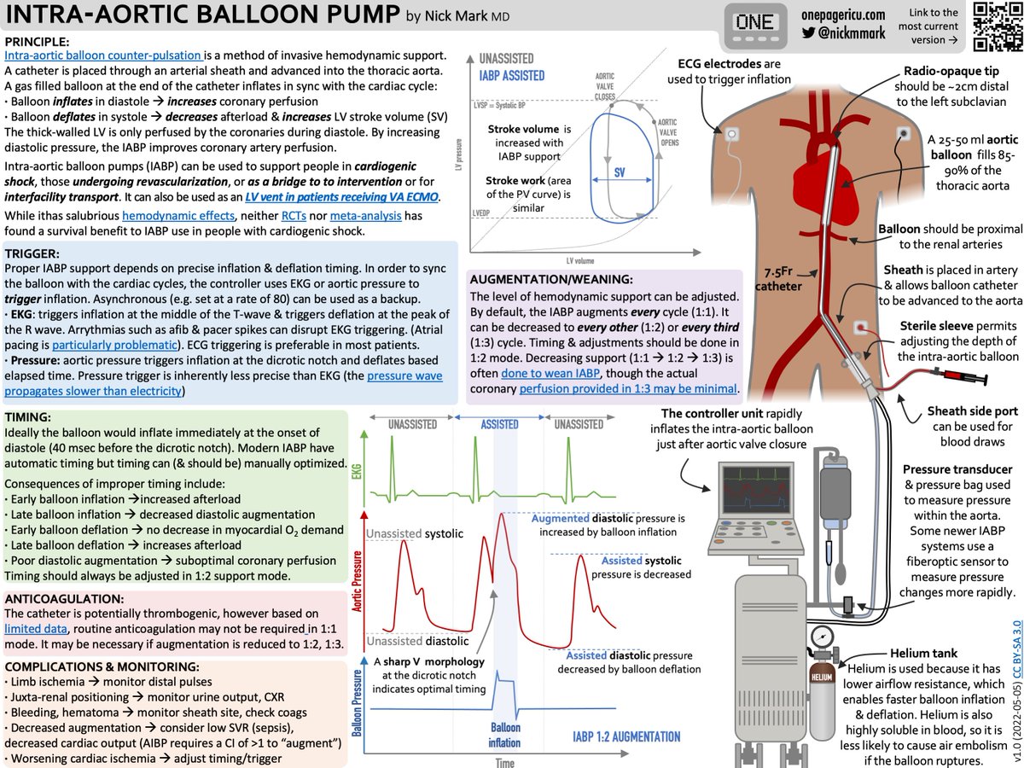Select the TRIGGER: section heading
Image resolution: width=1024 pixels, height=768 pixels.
32,230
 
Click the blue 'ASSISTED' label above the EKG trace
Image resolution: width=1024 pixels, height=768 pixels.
501,423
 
